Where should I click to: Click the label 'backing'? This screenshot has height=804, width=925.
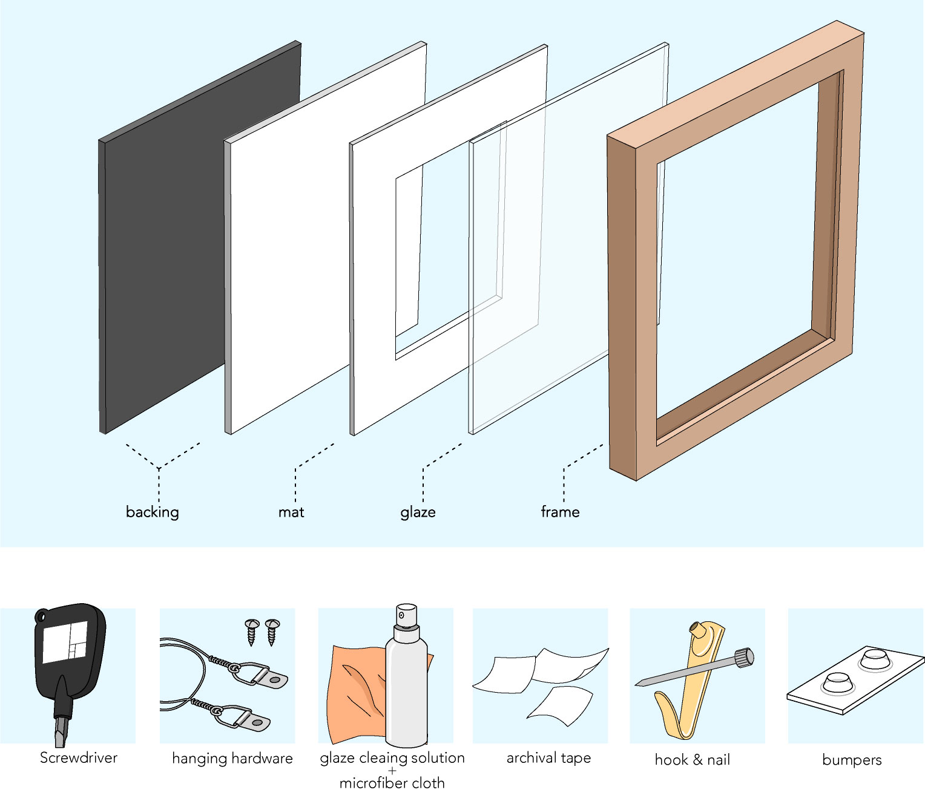coord(152,512)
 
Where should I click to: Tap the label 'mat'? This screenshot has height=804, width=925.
coord(291,512)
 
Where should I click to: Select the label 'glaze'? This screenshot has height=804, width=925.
coord(418,512)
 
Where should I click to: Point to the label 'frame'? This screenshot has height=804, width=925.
coord(560,512)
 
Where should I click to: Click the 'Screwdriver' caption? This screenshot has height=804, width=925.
coord(78,757)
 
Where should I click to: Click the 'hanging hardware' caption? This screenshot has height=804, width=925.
coord(232,758)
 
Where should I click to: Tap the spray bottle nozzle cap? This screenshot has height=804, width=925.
coord(406,615)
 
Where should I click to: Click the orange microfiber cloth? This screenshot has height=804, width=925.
coord(354,696)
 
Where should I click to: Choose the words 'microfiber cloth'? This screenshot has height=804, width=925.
coord(392,783)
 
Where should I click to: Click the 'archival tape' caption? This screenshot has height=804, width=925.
coord(548,757)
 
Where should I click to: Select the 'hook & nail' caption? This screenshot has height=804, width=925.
coord(692,759)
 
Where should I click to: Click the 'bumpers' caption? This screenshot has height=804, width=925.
coord(852,760)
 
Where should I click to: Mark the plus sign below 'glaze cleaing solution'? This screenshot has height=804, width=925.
coord(392,770)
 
